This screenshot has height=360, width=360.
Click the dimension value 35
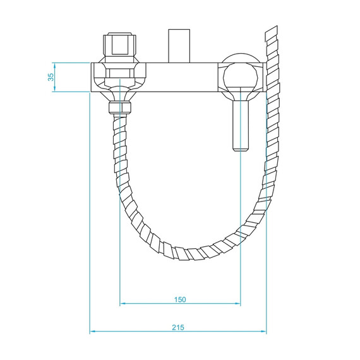(51, 77)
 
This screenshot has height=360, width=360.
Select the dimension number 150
(180, 299)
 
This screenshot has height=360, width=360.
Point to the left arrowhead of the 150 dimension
(123, 304)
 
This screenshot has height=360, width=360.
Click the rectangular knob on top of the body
(179, 45)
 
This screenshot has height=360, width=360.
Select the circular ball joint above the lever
(241, 79)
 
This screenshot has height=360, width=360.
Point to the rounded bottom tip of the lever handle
(241, 149)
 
